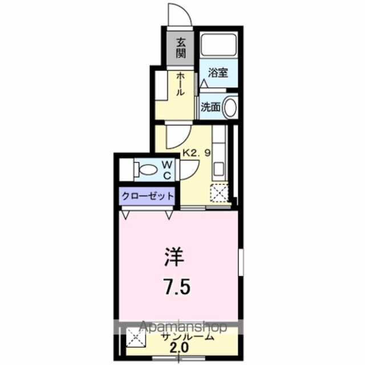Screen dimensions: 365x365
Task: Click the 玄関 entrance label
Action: [181, 48]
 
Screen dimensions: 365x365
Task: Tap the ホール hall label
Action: [180, 84]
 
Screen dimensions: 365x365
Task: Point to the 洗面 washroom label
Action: [210, 107]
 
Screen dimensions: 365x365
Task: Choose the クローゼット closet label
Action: [147, 196]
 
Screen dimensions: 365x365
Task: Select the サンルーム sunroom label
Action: [188, 336]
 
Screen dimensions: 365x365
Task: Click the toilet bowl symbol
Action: [147, 169]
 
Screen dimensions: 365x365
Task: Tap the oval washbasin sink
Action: [230, 107]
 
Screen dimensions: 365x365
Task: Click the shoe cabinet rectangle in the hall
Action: [161, 86]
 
